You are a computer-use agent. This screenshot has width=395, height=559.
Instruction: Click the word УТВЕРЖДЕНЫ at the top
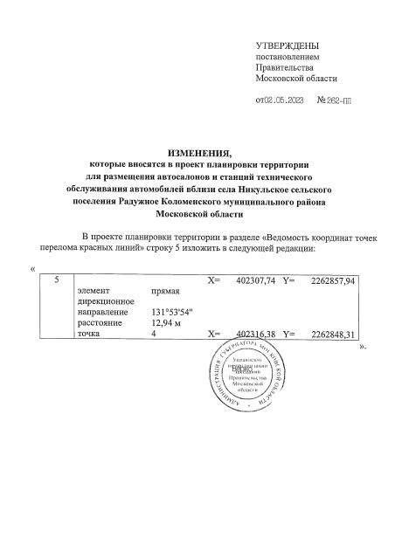287,45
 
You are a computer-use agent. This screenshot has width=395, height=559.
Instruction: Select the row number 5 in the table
57,280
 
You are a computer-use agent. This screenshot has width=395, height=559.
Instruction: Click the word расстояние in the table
100,323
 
